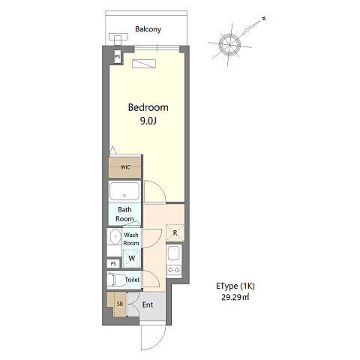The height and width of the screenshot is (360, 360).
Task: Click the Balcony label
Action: click(x=148, y=29)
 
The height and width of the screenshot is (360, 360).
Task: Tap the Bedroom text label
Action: click(x=148, y=107)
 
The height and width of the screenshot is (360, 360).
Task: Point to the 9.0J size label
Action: click(x=148, y=121)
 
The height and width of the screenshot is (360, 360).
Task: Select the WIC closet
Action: click(x=124, y=167)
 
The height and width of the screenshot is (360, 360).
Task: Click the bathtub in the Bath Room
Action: click(x=124, y=191)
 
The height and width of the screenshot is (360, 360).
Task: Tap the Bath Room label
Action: click(x=124, y=214)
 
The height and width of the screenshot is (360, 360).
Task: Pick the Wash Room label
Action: click(x=131, y=239)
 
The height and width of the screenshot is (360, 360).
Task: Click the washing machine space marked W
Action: click(x=131, y=258)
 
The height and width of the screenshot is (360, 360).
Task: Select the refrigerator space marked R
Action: click(x=175, y=233)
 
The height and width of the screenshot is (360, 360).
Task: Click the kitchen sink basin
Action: click(x=174, y=253)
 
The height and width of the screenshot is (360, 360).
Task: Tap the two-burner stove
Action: click(x=174, y=270)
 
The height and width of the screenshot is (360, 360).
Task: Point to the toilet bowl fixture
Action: click(x=116, y=280)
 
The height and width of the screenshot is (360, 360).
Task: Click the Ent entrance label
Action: click(x=148, y=304)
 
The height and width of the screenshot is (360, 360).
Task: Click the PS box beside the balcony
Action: click(x=117, y=57)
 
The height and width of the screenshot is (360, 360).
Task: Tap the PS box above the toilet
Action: click(x=113, y=263)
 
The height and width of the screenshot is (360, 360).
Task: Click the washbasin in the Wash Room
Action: click(x=115, y=236)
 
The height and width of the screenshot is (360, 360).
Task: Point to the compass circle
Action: click(x=229, y=45)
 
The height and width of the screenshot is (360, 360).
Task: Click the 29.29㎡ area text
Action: click(x=235, y=297)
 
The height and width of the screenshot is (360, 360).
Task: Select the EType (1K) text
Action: click(x=235, y=286)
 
